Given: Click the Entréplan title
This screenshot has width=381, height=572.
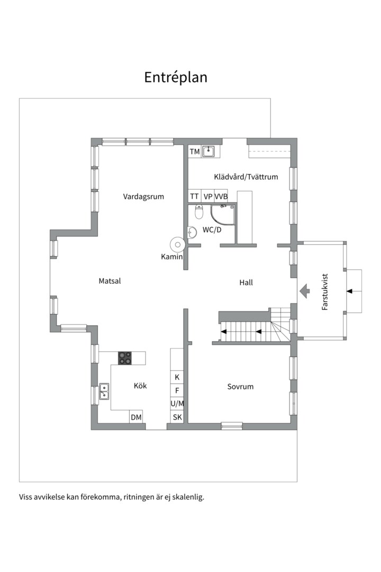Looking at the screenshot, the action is pos(176,77).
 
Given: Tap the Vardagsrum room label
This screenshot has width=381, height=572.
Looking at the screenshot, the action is pos(143,196).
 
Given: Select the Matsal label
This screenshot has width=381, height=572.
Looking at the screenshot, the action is pos(110,281).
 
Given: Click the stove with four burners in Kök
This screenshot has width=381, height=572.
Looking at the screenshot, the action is pos(125,358).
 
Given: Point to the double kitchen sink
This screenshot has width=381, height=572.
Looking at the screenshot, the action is pos(104,391).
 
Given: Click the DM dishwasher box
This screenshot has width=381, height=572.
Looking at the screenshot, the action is pos(136,417).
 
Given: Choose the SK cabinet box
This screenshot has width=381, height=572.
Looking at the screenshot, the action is pos(177,417).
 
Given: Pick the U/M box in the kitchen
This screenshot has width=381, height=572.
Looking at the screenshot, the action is pos(177,404).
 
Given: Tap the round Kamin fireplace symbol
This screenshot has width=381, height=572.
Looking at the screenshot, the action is pos(178,244).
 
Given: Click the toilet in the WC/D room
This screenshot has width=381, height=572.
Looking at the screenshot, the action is pos(199,212).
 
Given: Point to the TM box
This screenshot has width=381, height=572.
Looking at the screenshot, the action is pos(195,151).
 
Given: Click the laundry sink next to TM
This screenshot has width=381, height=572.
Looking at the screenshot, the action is pos(208,151).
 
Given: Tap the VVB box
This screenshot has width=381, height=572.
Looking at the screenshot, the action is pos(221,196).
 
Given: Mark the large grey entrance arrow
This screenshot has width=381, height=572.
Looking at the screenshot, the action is pos(304,291).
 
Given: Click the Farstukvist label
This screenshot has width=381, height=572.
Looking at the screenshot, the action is pos(325,292).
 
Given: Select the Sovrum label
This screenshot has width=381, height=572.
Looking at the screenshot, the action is pos(240,386).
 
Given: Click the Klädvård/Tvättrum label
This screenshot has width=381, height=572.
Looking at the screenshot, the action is pos(246,177).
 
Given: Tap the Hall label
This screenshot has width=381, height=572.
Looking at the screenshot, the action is pos(246,282).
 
